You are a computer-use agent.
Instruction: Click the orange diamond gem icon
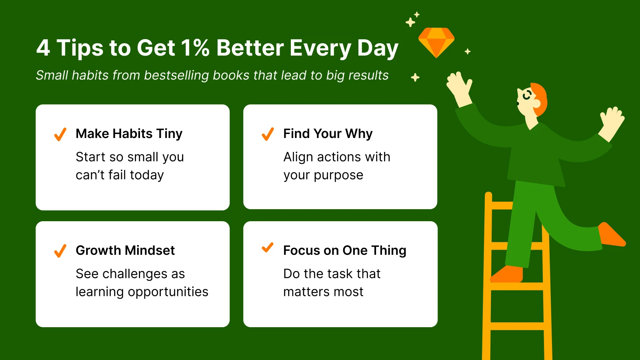(x=436, y=42)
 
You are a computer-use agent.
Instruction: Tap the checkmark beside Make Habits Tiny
(x=60, y=134)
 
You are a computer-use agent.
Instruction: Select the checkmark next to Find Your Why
(x=268, y=134)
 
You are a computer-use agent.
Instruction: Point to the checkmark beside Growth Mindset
(x=60, y=251)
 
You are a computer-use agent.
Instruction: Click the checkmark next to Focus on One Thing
(x=267, y=248)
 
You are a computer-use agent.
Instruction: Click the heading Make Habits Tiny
(x=129, y=134)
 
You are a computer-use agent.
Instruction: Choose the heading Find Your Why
(x=328, y=134)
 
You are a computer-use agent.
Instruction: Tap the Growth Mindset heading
(x=125, y=250)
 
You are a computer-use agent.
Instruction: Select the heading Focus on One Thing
(x=344, y=250)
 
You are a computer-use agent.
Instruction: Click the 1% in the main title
(x=195, y=48)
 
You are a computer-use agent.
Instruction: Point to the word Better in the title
(x=250, y=48)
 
